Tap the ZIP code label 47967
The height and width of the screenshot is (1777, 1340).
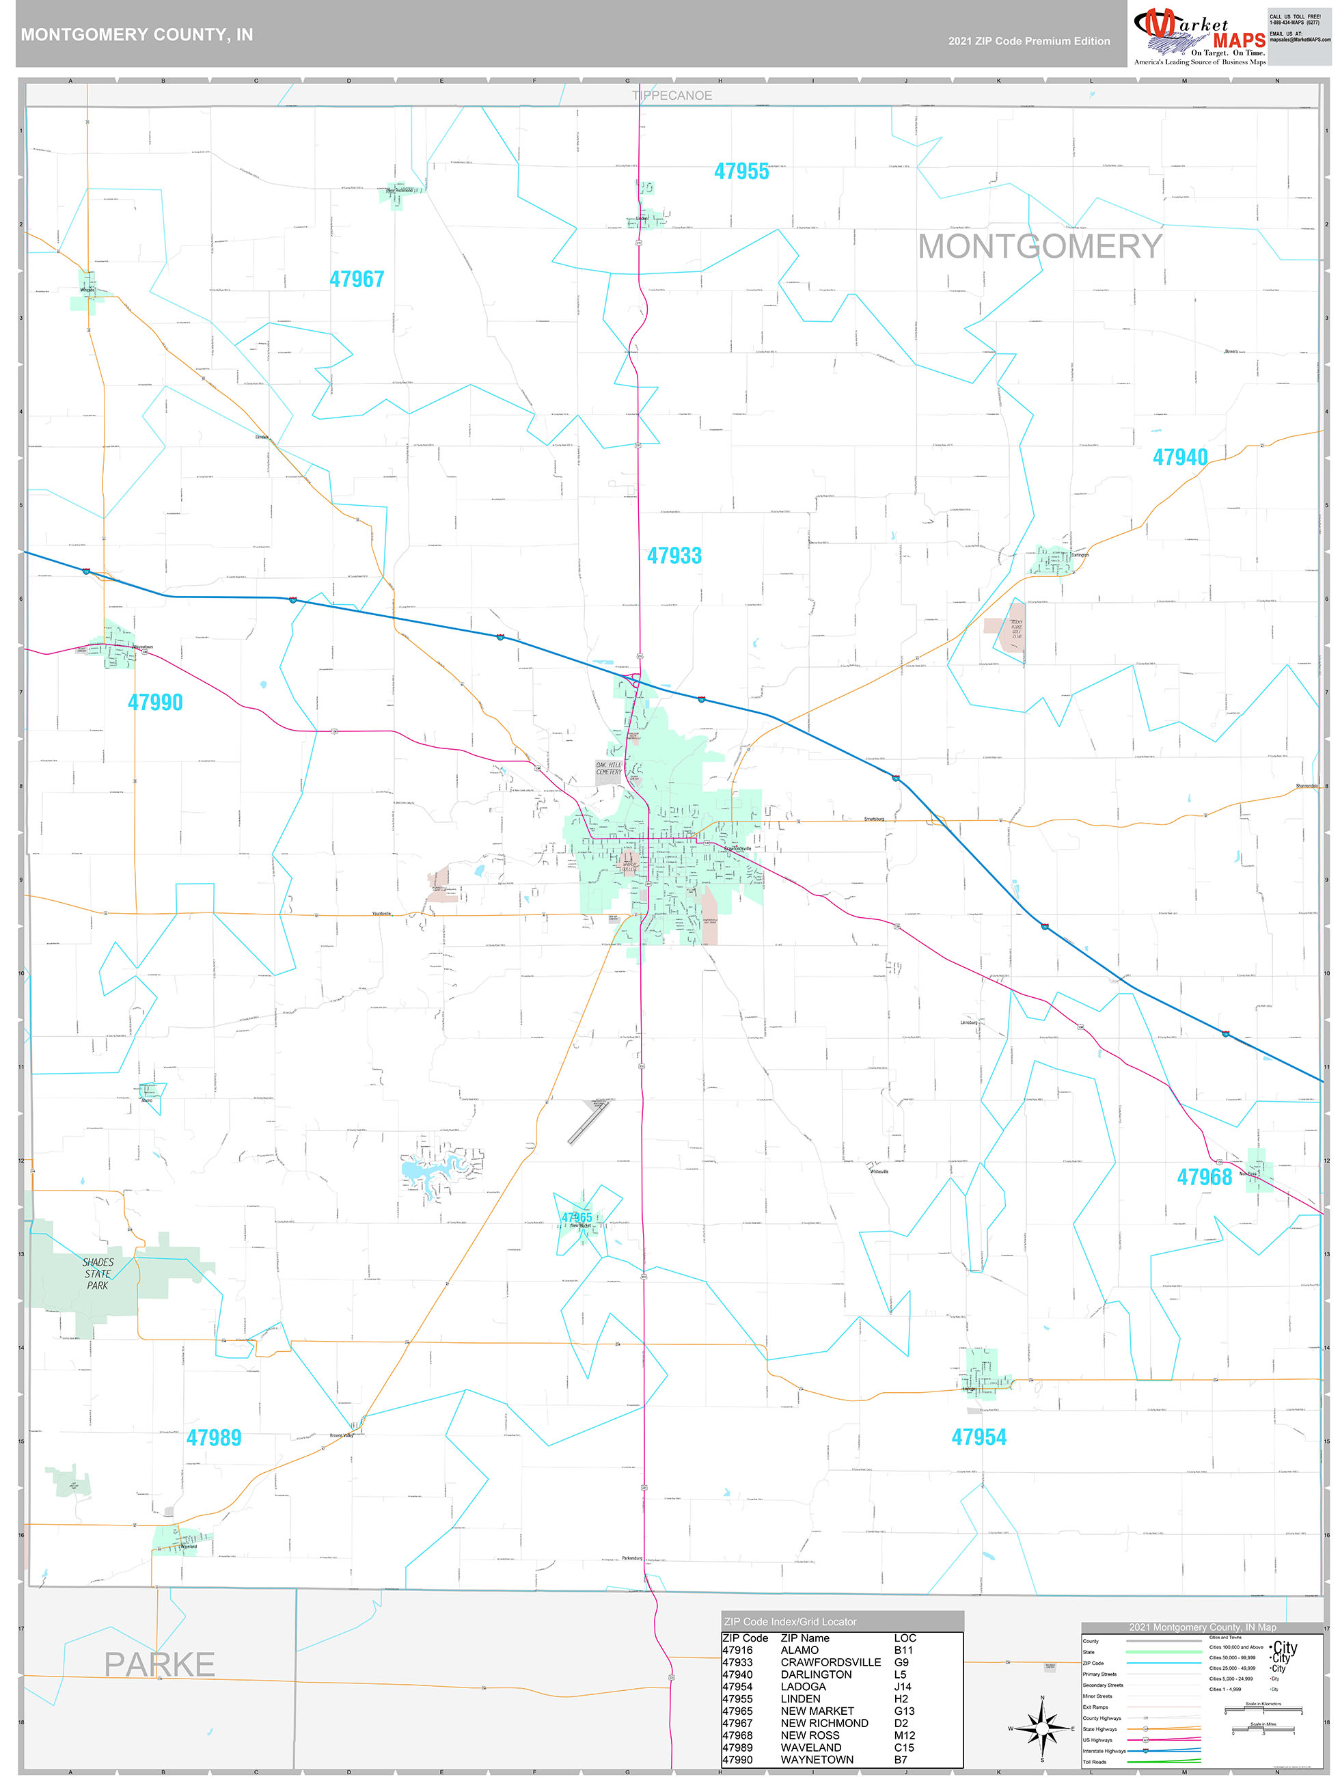tap(357, 280)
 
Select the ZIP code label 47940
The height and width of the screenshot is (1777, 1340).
tap(1179, 458)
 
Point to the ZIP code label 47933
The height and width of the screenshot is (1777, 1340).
tap(674, 556)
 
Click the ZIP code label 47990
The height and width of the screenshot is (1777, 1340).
tap(155, 703)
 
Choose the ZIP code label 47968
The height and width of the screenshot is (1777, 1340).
tap(1203, 1178)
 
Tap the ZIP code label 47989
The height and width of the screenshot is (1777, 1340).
tap(214, 1438)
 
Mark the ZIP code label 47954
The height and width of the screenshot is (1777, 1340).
tap(979, 1438)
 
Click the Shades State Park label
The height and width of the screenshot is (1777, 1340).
tap(98, 1274)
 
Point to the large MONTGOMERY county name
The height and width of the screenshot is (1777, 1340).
tap(1039, 247)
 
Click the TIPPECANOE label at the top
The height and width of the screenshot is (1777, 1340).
tap(672, 96)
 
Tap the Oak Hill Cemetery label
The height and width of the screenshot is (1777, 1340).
tap(608, 768)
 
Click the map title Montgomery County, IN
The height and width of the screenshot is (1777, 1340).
tap(137, 35)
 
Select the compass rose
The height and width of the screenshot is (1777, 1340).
tap(1042, 1727)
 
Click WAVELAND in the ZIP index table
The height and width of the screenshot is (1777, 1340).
tap(810, 1748)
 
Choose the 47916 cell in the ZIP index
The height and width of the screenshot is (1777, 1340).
tap(737, 1650)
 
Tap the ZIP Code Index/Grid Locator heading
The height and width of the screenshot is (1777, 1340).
tap(790, 1622)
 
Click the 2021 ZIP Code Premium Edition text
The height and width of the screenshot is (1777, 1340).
tap(1028, 41)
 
